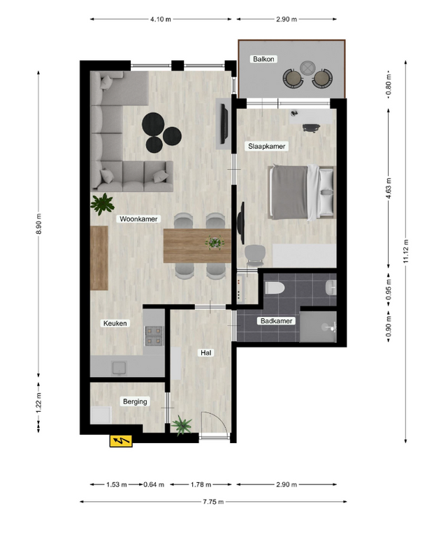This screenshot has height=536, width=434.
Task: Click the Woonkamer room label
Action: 138,218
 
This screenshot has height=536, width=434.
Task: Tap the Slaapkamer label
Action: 267,147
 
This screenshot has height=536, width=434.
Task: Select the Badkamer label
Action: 276,320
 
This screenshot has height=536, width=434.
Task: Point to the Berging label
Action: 135,401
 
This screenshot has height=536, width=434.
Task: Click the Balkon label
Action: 263,59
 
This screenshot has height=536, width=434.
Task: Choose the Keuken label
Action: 115,323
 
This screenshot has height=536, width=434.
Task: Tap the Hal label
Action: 206,352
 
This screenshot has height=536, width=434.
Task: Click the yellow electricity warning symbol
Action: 121,440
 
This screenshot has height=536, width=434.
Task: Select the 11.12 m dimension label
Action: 405,251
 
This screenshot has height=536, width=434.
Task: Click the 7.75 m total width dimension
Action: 213,502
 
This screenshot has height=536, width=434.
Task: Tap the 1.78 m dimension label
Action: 201,484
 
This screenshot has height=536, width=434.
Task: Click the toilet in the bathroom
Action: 275,288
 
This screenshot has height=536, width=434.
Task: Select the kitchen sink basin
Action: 119,368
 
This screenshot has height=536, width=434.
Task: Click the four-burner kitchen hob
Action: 154,336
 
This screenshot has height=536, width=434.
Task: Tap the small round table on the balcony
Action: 307,68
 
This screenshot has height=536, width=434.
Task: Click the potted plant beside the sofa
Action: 102,204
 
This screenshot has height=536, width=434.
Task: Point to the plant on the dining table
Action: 215,242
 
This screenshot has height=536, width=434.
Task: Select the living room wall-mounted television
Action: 224,124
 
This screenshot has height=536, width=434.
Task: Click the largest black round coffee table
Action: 153,124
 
